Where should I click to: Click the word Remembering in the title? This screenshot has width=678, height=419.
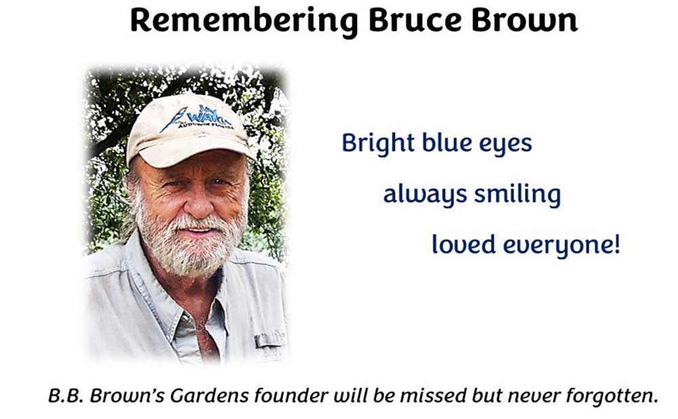click(244, 21)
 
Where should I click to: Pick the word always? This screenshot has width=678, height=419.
click(425, 194)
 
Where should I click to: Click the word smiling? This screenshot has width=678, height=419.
click(517, 194)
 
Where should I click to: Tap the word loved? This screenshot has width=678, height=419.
click(464, 244)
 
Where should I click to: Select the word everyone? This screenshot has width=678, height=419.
click(561, 245)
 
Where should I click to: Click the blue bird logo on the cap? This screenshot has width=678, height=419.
click(174, 119)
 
